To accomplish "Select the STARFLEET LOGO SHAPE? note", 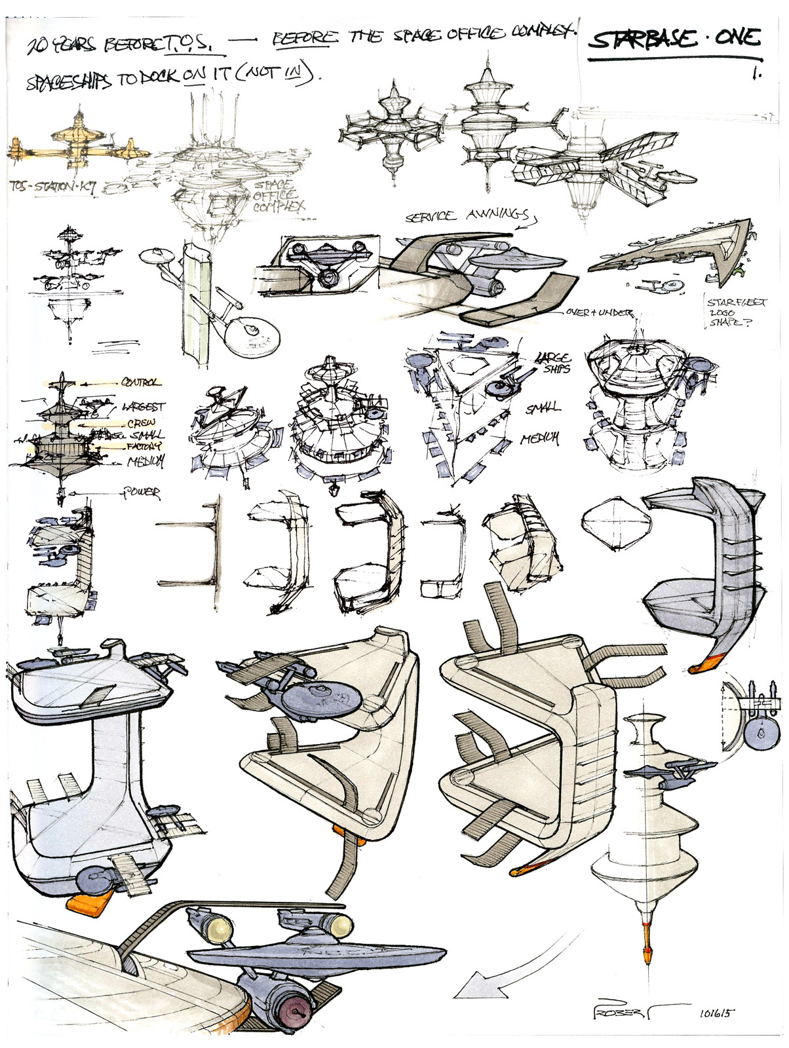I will [729, 312].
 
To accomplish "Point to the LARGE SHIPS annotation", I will [552, 362].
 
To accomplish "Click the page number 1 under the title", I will [757, 74].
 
